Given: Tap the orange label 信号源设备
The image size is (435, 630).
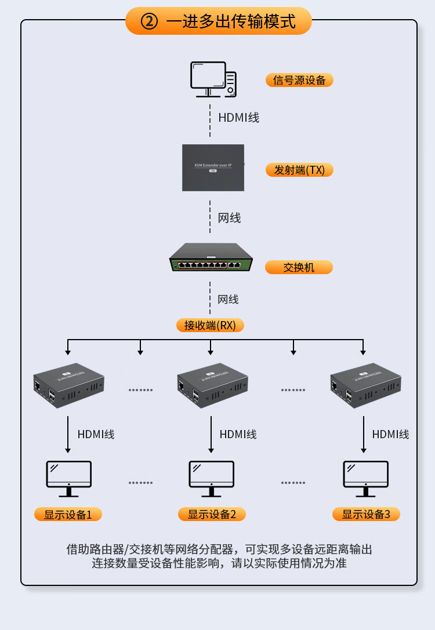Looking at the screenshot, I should coord(299,80).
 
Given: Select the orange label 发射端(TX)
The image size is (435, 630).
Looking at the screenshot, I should coord(299,170).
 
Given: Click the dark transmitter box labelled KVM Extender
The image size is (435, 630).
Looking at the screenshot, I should coord(213,167).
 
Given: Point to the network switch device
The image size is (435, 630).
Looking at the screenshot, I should coord(212,258).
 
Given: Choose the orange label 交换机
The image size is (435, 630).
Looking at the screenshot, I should coord(299,267).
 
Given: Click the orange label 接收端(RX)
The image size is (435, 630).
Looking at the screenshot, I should coord(210,325).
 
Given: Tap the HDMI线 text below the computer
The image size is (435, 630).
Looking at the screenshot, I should coord(238,117).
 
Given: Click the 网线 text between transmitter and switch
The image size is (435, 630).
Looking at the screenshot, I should coord(229,218).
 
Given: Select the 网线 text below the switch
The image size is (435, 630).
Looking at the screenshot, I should coord(228,300).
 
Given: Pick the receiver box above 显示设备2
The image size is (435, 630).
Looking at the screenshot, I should coord(212,385).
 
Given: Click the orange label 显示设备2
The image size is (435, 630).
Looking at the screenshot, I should coord(212,514).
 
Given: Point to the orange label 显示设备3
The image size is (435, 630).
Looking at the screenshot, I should coord(366,514).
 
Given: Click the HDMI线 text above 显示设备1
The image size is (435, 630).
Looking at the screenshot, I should coord(96,434).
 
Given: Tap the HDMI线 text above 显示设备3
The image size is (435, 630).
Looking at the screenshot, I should coord(390,434).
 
